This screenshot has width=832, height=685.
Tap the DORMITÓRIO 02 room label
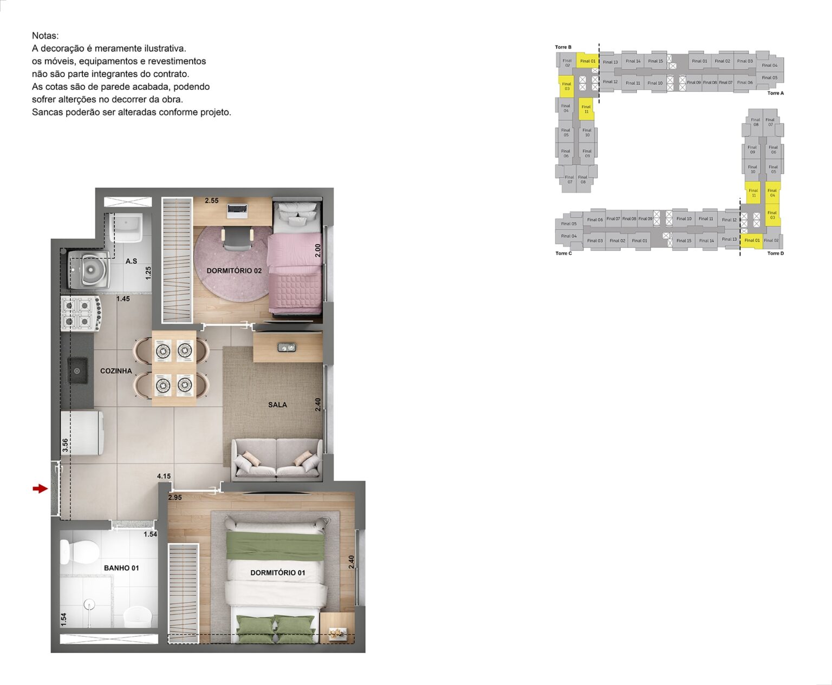coord(234,270)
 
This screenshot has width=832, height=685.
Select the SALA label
coord(277,405)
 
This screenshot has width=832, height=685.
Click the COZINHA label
coord(116,371)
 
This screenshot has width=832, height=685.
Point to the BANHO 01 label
coord(121,568)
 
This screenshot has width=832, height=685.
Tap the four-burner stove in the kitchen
coord(81,314)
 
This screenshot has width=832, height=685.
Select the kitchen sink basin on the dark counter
coord(77,371)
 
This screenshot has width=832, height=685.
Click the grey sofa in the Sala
coord(276,459)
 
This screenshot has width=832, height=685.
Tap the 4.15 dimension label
coord(164,477)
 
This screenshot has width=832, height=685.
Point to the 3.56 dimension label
coord(65,445)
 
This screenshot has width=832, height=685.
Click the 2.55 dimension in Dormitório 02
coord(212,200)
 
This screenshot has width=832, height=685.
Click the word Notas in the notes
coord(45,36)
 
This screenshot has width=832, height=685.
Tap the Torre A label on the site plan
coord(775,93)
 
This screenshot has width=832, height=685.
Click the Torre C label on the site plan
coord(563,253)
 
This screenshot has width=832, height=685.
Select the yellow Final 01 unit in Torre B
coord(587,61)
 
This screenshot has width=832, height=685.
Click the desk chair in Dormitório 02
coord(237,240)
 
